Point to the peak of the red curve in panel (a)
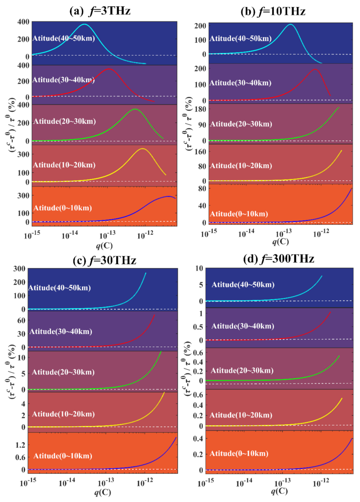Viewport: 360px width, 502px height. tap(109, 69)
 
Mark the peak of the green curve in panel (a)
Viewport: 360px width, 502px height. tap(135, 109)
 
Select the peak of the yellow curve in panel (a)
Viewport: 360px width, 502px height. tap(142, 149)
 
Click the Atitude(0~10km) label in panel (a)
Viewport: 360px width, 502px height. tap(62, 208)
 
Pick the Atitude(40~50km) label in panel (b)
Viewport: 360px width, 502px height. tap(241, 39)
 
